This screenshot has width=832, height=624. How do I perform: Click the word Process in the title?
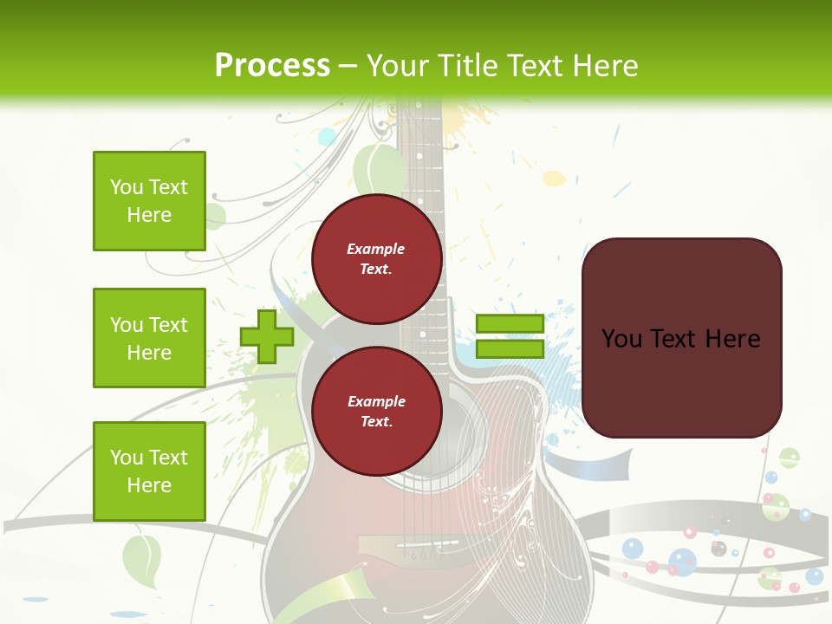click(x=272, y=65)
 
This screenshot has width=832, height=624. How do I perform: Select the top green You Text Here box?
click(x=149, y=201)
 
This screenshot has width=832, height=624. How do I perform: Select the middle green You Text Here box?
click(x=149, y=338)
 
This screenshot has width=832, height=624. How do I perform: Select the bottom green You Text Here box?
click(x=149, y=471)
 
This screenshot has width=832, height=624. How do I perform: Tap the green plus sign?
click(x=267, y=336)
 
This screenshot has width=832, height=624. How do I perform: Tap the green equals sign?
click(x=510, y=337)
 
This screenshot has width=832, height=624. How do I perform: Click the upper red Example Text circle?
click(x=376, y=259)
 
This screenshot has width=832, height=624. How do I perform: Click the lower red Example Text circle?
click(x=376, y=412)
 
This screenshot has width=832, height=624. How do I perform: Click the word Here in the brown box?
click(x=732, y=339)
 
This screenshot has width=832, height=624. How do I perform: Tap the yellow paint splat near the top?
click(x=553, y=179)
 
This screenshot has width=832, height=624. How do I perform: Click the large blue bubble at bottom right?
click(x=682, y=561)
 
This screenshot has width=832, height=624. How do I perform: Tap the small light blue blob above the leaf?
click(x=327, y=136)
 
